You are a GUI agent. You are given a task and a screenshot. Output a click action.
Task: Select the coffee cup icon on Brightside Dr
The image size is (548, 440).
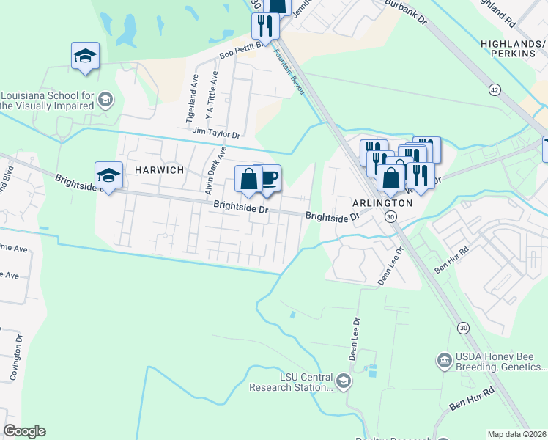(269, 178)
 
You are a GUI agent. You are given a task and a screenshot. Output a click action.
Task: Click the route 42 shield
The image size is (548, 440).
(495, 89)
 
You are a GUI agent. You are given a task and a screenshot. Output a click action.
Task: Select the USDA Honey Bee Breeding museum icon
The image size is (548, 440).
(444, 361)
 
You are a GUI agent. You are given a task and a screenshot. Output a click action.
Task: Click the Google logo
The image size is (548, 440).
(24, 431)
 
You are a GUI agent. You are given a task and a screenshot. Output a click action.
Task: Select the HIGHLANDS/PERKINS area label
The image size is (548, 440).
(514, 49)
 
